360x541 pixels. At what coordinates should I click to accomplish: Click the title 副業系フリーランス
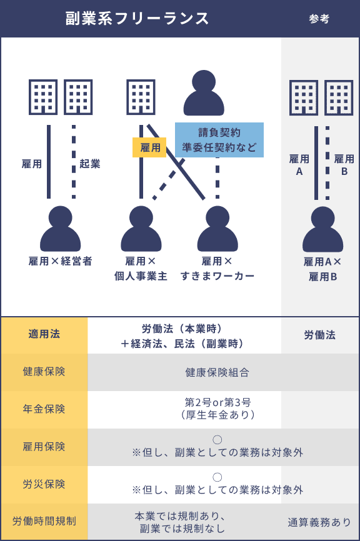137,18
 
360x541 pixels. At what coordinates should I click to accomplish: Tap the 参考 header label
319,19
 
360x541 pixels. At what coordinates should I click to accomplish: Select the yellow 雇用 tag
149,147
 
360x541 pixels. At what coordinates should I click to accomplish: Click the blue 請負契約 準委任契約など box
219,140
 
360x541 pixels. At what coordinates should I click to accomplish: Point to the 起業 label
90,163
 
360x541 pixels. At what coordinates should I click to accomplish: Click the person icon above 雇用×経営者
61,229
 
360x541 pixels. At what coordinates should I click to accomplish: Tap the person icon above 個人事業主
141,229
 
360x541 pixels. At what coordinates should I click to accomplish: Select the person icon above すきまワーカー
217,229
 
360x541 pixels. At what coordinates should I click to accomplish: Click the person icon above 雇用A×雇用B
322,229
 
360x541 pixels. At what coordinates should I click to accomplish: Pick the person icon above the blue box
204,93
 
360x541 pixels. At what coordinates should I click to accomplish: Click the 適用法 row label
44,334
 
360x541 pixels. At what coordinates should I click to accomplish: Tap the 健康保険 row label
44,372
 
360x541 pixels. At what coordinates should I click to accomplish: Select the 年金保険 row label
44,409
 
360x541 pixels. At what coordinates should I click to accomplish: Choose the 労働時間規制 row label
44,521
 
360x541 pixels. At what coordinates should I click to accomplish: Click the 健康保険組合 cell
217,372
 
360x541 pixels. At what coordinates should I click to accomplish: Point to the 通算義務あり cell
319,522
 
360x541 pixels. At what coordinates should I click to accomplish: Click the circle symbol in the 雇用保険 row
217,440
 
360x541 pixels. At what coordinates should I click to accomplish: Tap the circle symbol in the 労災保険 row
217,477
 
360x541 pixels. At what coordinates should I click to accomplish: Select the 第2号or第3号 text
217,402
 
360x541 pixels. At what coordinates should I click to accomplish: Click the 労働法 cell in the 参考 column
319,335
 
